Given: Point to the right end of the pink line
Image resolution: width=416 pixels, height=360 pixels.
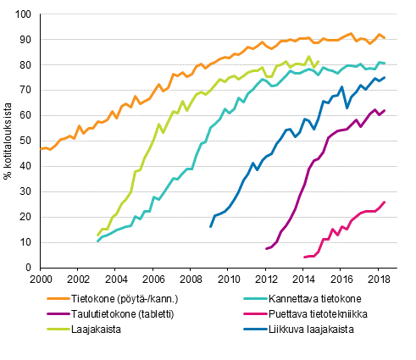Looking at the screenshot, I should click(385, 202).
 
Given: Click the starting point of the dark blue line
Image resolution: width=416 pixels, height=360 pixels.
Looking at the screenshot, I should click(210, 227).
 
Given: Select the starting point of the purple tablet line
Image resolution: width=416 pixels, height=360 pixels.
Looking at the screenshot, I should click(266, 249).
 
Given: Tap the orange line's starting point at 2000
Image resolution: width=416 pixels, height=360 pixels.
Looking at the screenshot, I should click(40, 149).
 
